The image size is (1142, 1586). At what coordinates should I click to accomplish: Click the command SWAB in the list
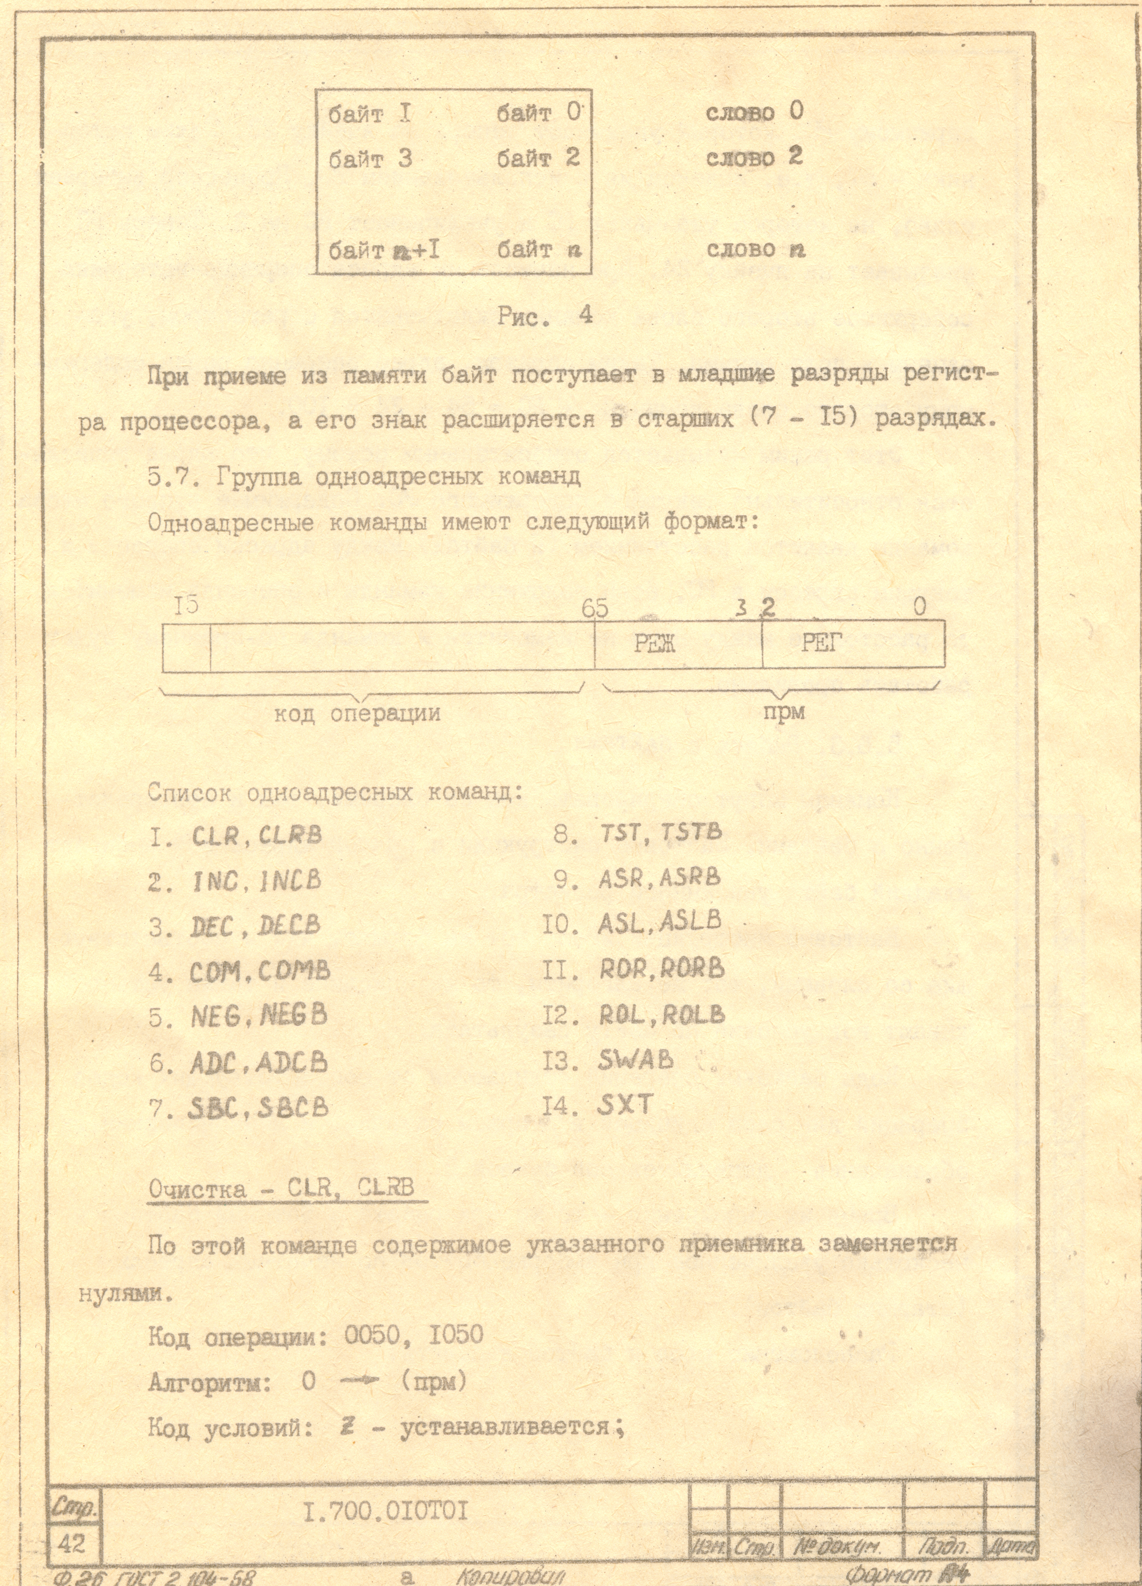coord(635,1061)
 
